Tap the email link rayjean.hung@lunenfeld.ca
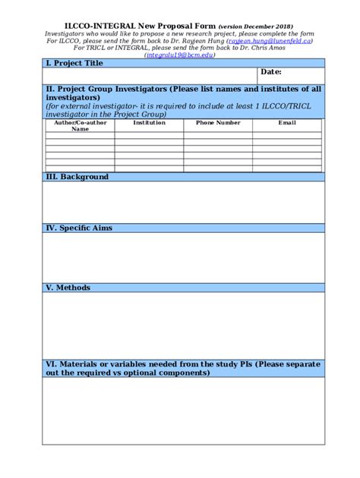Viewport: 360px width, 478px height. tap(269, 42)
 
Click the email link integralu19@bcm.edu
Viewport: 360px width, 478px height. tap(179, 55)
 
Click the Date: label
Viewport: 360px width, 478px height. tap(271, 71)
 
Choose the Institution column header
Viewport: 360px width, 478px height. tap(149, 122)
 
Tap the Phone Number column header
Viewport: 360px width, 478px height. tap(218, 122)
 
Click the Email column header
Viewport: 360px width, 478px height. tap(287, 122)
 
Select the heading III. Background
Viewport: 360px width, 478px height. tap(77, 177)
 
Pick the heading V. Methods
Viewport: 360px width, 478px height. tap(68, 288)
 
